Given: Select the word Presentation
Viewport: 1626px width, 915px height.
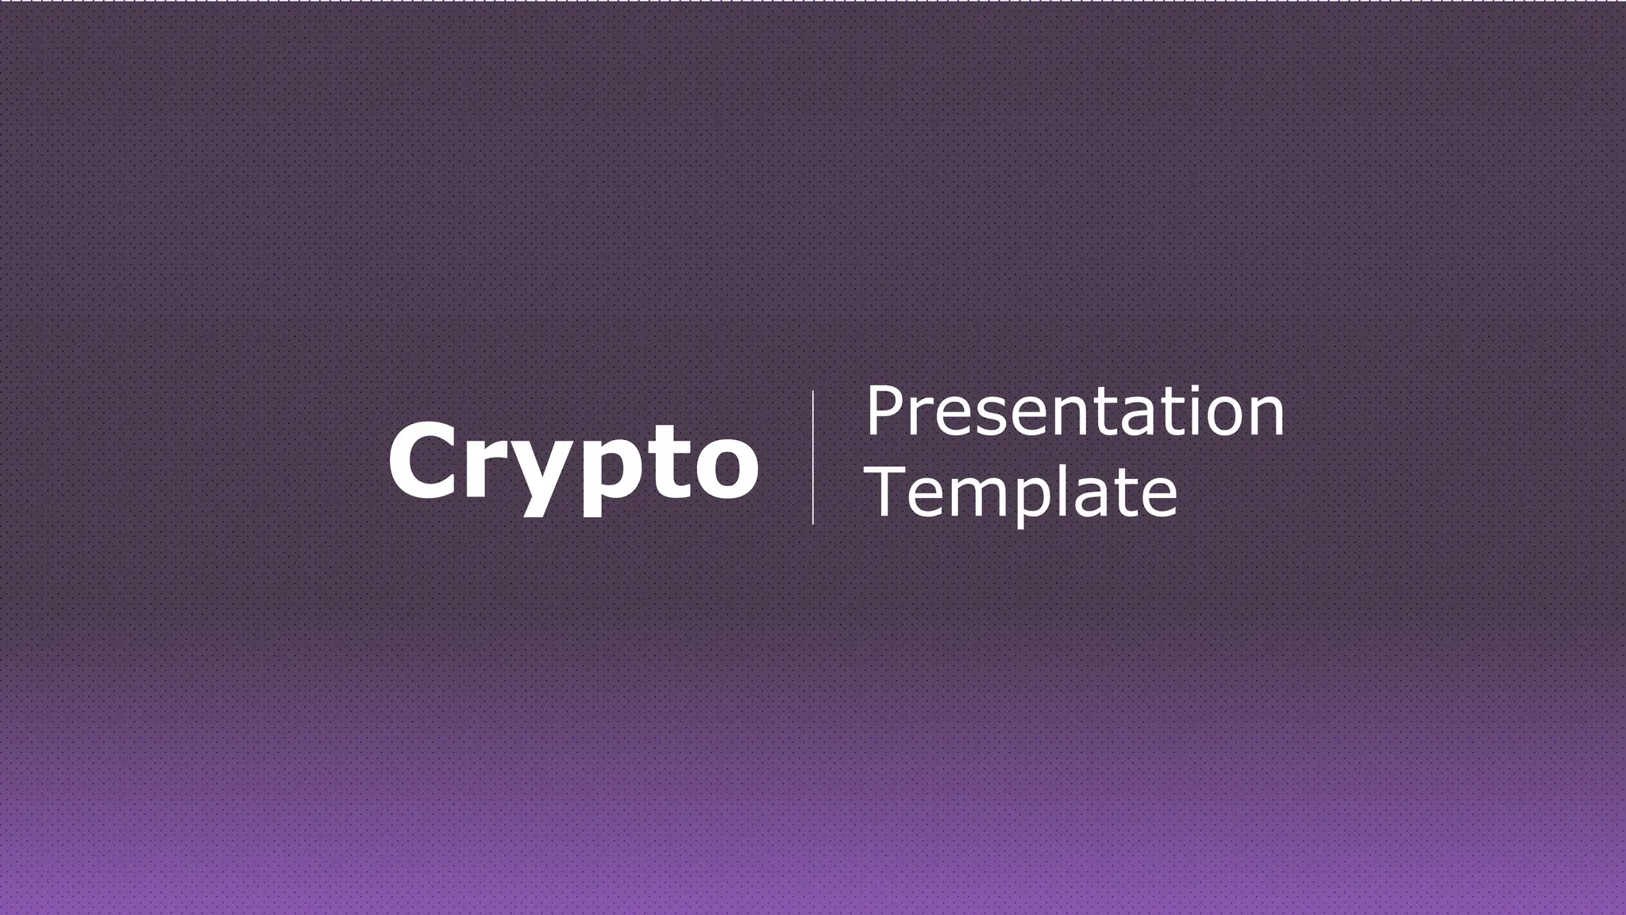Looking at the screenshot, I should pos(1074,411).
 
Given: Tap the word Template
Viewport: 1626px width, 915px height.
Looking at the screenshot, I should pos(1022,492).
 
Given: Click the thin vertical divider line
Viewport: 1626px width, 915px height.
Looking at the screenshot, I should pos(812,457).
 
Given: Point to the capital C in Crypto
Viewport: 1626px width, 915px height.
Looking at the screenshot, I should pos(421,461).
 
